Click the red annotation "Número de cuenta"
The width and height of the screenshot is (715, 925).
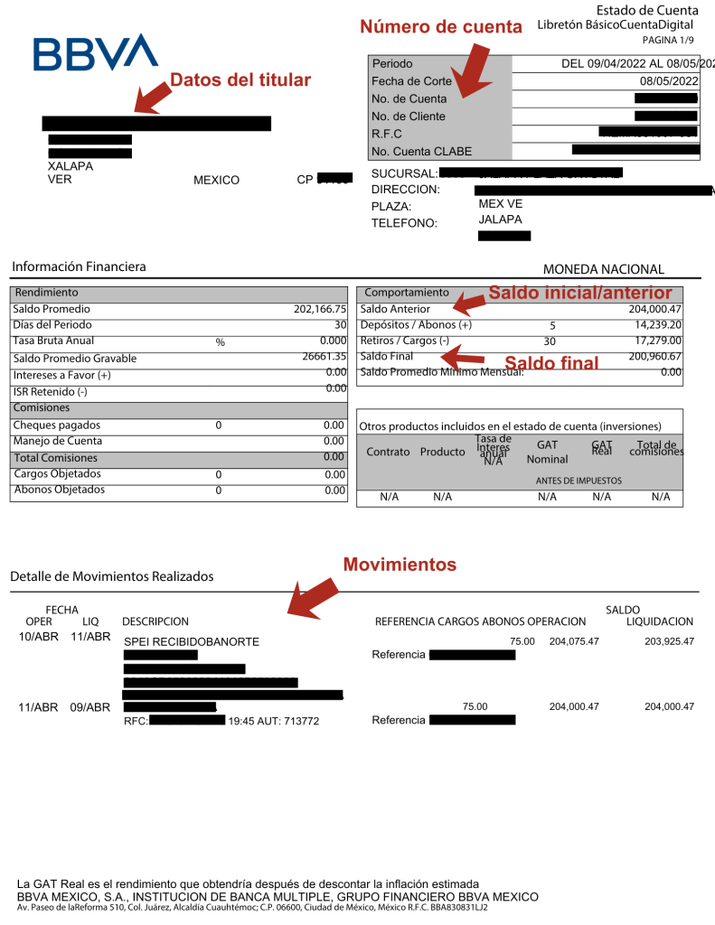click(x=441, y=27)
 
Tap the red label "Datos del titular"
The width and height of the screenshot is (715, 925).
click(x=240, y=80)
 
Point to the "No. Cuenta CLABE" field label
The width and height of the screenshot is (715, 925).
click(x=421, y=151)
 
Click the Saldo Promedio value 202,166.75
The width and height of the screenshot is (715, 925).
click(x=320, y=309)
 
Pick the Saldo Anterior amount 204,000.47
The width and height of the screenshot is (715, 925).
click(x=654, y=309)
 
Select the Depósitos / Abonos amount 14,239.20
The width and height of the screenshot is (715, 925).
click(x=657, y=325)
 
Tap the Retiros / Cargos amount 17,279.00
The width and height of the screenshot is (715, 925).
click(x=657, y=341)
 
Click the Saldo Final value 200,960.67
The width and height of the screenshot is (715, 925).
click(x=654, y=357)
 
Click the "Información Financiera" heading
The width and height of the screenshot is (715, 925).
click(x=79, y=266)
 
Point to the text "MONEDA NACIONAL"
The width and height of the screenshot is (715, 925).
click(x=603, y=269)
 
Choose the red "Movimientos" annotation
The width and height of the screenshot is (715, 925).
click(x=400, y=565)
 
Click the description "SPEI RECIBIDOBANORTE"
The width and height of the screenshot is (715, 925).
click(x=192, y=641)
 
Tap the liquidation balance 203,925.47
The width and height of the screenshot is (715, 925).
click(x=663, y=641)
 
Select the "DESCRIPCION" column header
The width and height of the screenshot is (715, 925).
click(x=155, y=621)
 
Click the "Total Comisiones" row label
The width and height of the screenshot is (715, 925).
click(x=57, y=458)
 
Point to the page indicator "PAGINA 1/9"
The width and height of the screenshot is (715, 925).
click(x=669, y=41)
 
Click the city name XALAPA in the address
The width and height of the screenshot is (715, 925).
click(x=70, y=166)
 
